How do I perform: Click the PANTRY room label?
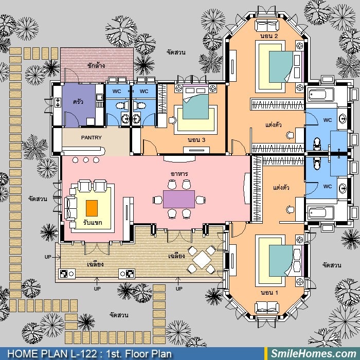coord(91,137)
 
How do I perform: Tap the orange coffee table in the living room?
coord(92,208)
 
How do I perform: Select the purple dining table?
coord(179,199)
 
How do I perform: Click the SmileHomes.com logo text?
coord(314,354)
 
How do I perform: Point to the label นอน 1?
coord(269,293)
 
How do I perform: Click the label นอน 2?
coord(269,36)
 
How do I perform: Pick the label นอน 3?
coord(196,140)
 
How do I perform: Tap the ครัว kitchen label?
coord(78,101)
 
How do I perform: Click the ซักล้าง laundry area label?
coord(96,66)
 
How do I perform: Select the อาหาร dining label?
coord(179,174)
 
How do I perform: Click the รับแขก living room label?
coord(93,223)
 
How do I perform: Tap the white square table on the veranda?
coord(202,260)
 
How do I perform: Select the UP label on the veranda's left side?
coord(48,257)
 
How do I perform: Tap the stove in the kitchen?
coord(58,102)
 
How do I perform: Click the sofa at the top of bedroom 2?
coord(267,25)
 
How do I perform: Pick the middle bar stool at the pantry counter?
coord(86,160)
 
